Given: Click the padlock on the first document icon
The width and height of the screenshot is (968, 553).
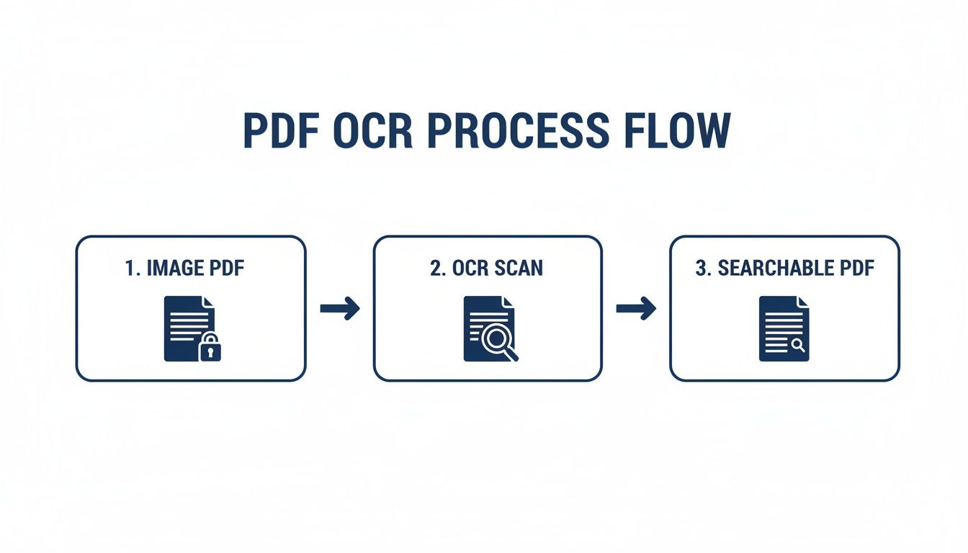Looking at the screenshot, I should (x=210, y=348).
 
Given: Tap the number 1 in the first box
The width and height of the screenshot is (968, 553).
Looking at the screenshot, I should (x=130, y=269).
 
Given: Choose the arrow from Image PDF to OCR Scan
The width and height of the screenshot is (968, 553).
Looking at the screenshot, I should (x=340, y=309).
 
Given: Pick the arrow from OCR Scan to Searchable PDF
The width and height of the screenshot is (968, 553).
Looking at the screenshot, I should (x=636, y=309).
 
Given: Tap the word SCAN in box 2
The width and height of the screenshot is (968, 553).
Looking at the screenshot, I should (x=518, y=269).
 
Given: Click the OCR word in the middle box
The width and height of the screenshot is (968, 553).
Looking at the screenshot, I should (x=471, y=269).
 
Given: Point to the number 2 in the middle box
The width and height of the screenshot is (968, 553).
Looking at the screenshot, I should (x=436, y=269).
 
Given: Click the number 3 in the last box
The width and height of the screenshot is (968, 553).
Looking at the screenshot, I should (x=701, y=269).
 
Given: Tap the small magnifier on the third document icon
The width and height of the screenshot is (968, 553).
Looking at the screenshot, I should (x=798, y=346).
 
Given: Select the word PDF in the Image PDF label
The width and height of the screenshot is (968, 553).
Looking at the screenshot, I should (x=226, y=269).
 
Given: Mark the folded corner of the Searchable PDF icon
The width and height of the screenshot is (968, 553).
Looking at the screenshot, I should (x=802, y=302).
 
